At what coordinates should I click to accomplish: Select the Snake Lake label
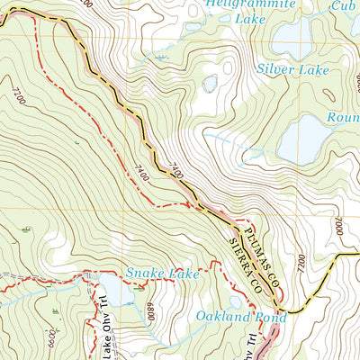coord(162,273)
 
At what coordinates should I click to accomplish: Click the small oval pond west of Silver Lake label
coord(210,84)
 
